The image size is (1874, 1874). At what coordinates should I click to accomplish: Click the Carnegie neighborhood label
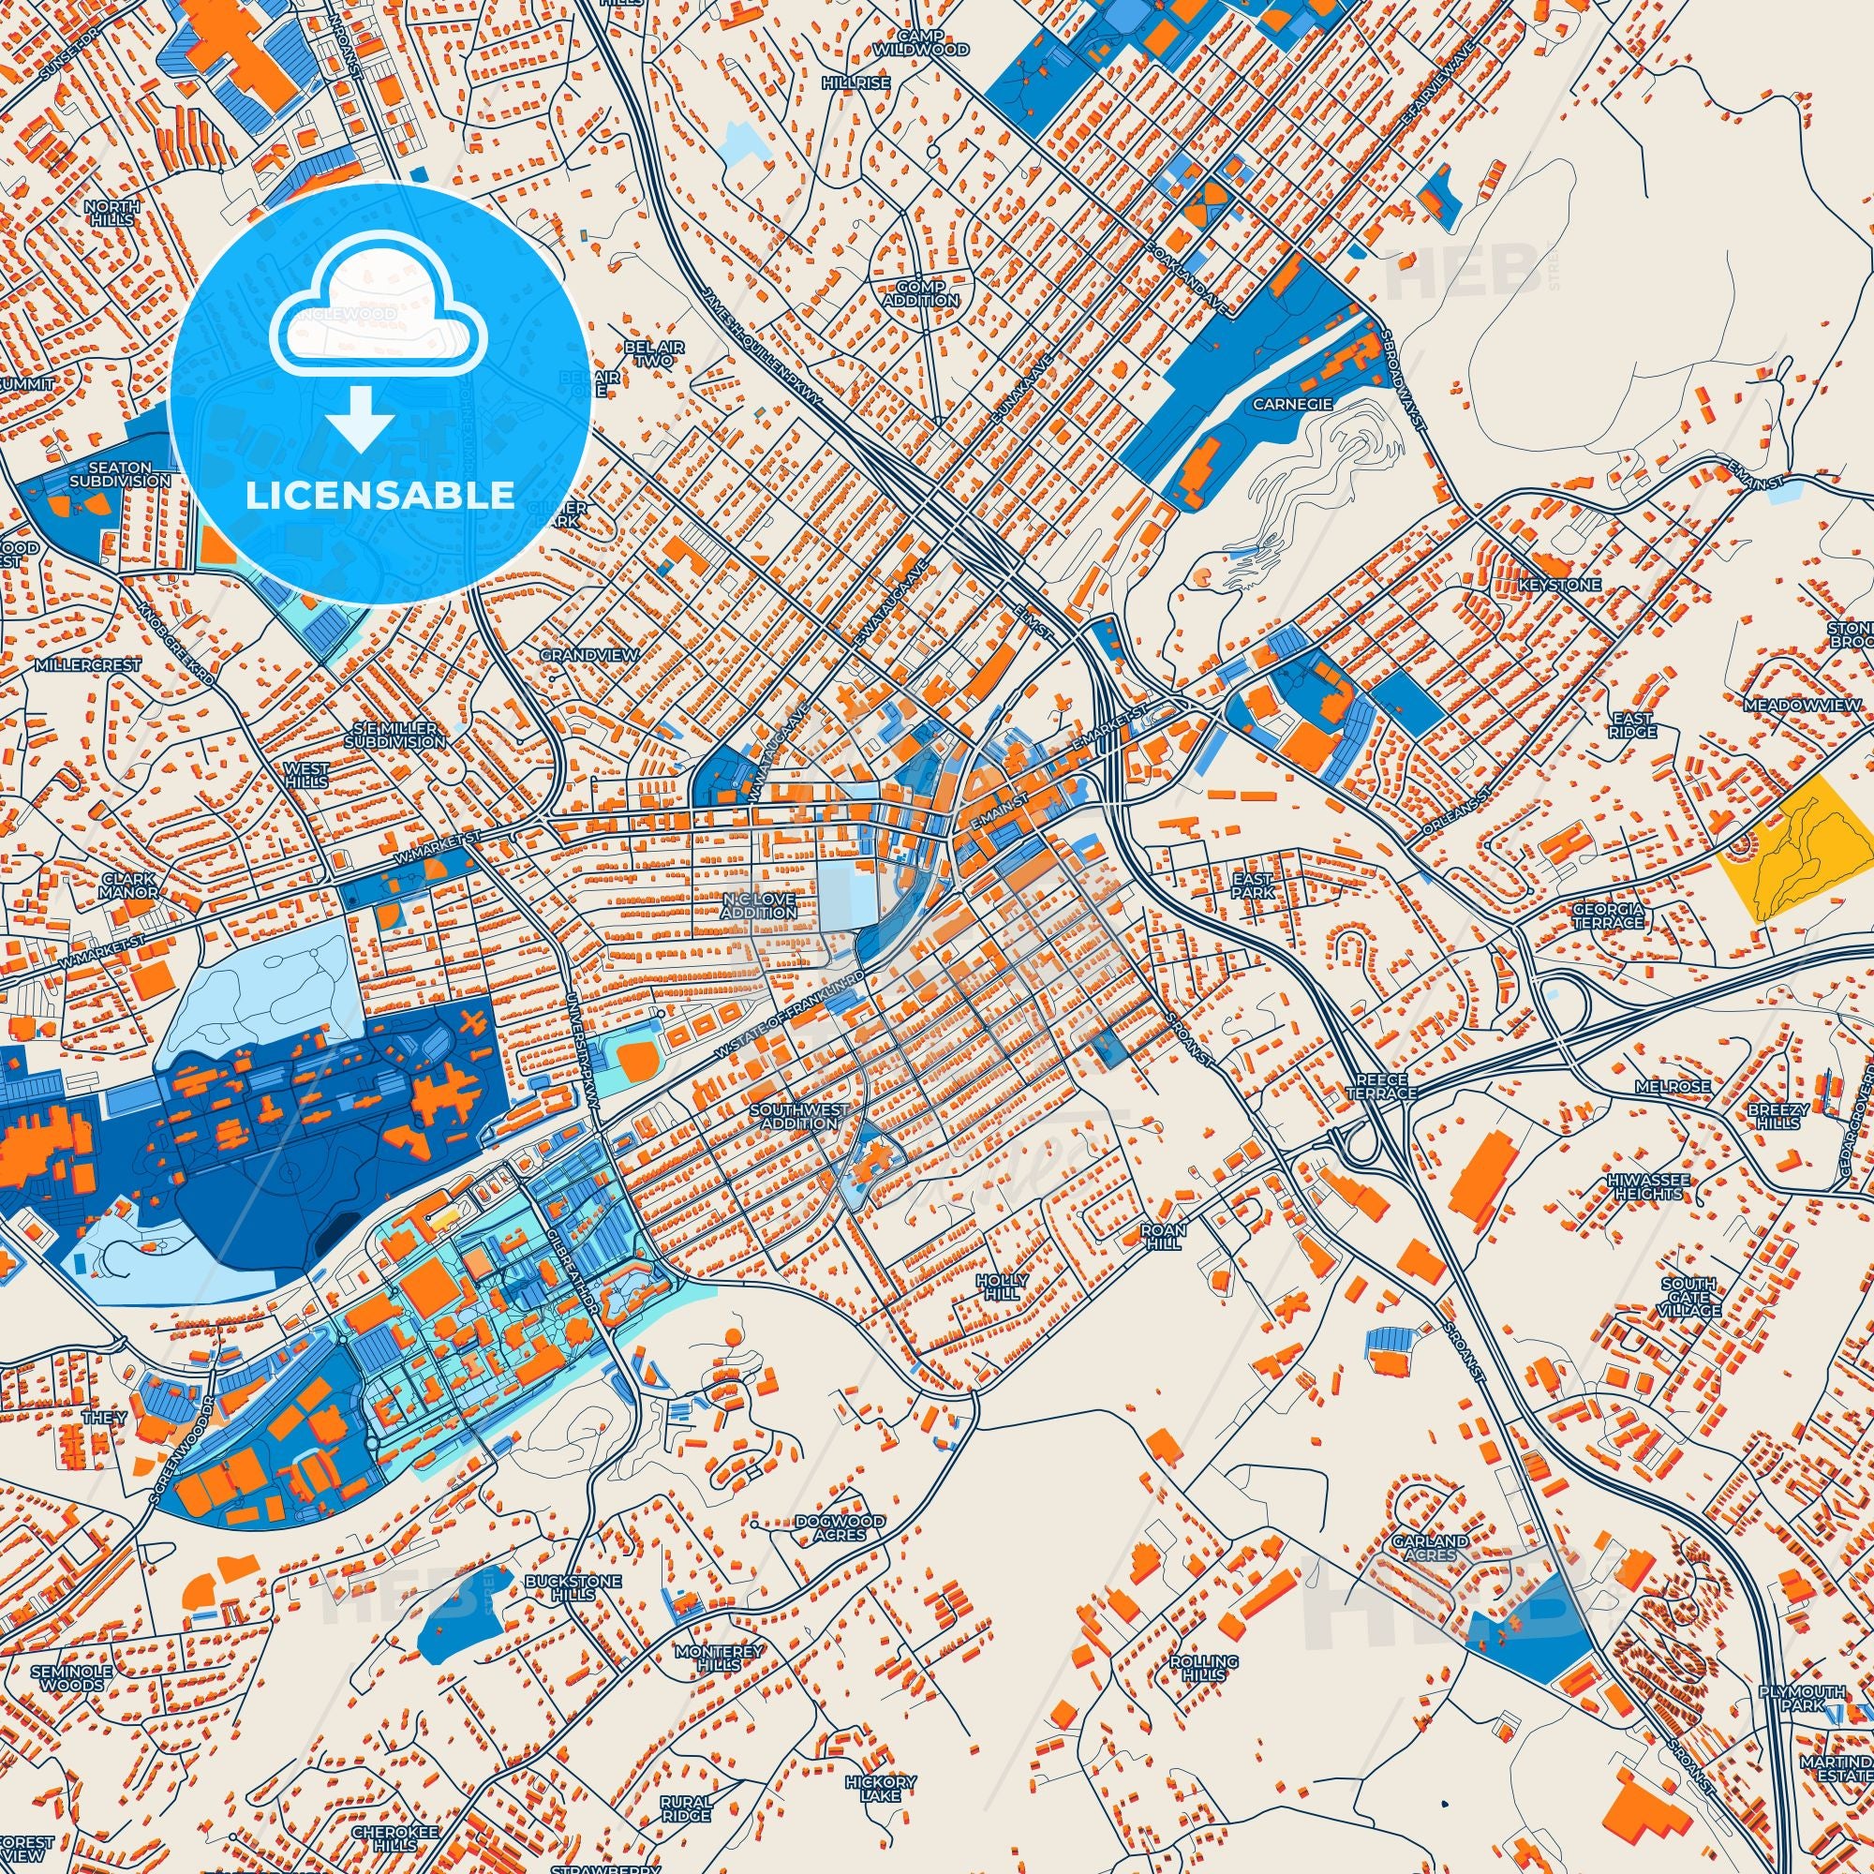click(x=1290, y=403)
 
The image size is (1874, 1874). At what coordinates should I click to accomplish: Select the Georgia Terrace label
click(x=1607, y=915)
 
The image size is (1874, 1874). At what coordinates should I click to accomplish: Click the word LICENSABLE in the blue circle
click(x=379, y=496)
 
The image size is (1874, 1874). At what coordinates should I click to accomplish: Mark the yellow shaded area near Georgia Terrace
click(x=1794, y=845)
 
